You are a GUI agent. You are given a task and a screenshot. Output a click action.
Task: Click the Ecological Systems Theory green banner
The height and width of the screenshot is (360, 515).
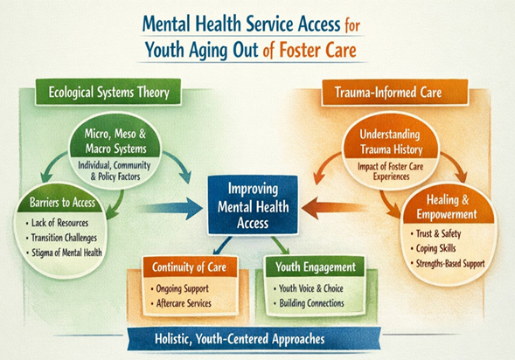108,92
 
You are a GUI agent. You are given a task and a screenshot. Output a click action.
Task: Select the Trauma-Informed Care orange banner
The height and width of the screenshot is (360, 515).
395,93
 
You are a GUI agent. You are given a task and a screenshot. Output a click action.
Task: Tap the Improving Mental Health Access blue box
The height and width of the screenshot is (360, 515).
253,205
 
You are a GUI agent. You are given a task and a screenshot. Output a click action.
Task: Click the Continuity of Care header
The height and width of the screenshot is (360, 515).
190,267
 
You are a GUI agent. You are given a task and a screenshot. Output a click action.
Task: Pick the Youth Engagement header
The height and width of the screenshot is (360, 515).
316,267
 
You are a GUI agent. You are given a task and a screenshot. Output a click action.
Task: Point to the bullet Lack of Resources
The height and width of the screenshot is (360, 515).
57,223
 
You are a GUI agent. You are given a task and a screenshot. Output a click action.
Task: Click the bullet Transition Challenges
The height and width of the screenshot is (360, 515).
61,238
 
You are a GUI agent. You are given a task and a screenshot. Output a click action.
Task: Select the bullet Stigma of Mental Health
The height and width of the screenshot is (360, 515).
64,253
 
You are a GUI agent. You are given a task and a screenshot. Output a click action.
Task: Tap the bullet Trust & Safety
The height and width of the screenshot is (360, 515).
435,233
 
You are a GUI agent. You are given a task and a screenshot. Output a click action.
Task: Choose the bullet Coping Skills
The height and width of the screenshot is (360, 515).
433,248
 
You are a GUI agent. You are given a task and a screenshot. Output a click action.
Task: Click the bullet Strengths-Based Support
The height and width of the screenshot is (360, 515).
448,264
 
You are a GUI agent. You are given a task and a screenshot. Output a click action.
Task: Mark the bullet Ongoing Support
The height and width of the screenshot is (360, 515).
179,289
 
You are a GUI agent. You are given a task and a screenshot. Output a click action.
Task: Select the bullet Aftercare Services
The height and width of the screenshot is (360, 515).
181,303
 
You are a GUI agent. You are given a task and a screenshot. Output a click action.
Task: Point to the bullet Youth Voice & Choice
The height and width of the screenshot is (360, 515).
309,288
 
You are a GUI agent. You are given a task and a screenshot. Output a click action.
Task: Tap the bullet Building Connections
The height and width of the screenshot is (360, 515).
309,303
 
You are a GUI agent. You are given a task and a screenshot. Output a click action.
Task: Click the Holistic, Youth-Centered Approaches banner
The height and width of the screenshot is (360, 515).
254,338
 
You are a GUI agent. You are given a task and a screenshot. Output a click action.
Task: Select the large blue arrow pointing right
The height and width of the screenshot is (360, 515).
170,208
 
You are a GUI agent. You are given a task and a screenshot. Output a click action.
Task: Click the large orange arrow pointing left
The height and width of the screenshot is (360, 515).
334,208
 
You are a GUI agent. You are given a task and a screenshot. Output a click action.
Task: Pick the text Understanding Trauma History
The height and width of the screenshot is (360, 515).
391,142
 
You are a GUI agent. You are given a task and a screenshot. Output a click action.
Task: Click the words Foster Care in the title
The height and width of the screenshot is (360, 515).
317,50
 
